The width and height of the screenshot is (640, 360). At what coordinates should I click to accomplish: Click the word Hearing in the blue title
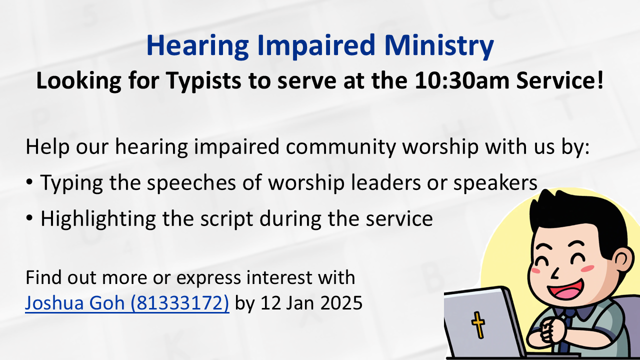(197, 45)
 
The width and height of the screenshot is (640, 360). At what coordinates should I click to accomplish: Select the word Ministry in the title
(439, 45)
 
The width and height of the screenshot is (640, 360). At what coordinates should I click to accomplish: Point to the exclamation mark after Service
(600, 80)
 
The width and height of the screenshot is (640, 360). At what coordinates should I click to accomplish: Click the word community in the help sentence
(341, 147)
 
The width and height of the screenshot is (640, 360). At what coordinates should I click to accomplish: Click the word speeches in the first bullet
(191, 183)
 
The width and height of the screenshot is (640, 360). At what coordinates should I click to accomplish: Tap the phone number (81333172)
(180, 303)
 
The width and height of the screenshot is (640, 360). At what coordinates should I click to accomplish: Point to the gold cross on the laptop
(477, 325)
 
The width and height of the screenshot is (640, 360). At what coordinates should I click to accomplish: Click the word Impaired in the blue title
(316, 45)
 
